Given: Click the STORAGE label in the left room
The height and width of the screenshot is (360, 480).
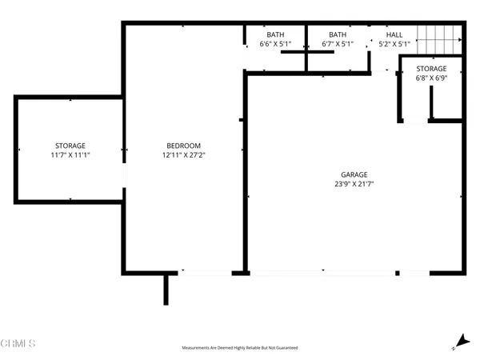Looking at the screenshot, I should coord(70,146).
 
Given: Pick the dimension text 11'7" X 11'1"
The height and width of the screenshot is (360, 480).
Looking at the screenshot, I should coord(70,155).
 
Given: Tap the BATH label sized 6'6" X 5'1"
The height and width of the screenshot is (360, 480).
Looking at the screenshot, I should coord(275,34).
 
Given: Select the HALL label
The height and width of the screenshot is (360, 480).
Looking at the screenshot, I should coord(394,34).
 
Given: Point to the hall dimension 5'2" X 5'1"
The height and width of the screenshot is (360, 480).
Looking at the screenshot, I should coord(394,44).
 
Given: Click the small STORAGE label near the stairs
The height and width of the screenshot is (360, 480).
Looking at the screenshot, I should coord(430,69).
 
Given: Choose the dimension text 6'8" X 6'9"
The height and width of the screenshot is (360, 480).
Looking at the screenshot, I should coord(430,78).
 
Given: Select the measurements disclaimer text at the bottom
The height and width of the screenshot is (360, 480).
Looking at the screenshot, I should coord(240,348).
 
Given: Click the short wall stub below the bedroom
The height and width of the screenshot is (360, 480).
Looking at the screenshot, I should coord(166,290).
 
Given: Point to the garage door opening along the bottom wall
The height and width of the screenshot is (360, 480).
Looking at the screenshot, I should coord(323,273).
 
